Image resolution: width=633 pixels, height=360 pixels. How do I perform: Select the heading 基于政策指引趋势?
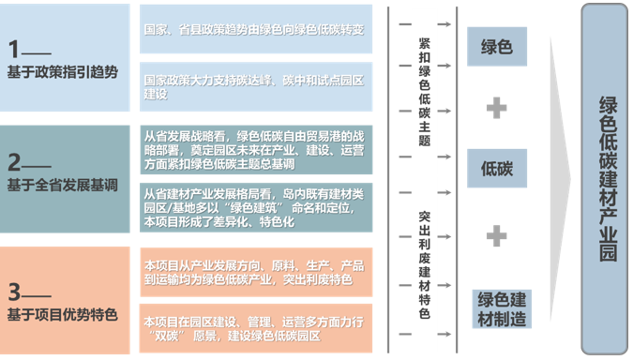[64, 71]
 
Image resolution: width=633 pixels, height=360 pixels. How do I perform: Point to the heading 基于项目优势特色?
[64, 313]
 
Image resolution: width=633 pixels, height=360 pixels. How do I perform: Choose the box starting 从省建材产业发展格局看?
[253, 208]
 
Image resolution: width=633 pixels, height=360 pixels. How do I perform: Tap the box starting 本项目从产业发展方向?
[253, 273]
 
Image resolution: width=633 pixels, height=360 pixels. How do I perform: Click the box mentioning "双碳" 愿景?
[253, 327]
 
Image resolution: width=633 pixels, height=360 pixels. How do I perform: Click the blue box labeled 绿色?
[496, 47]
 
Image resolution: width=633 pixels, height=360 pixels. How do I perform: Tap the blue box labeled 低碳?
[496, 169]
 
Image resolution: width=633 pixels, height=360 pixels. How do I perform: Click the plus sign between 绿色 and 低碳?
[496, 109]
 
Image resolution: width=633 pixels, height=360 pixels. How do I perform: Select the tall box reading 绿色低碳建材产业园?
[608, 178]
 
